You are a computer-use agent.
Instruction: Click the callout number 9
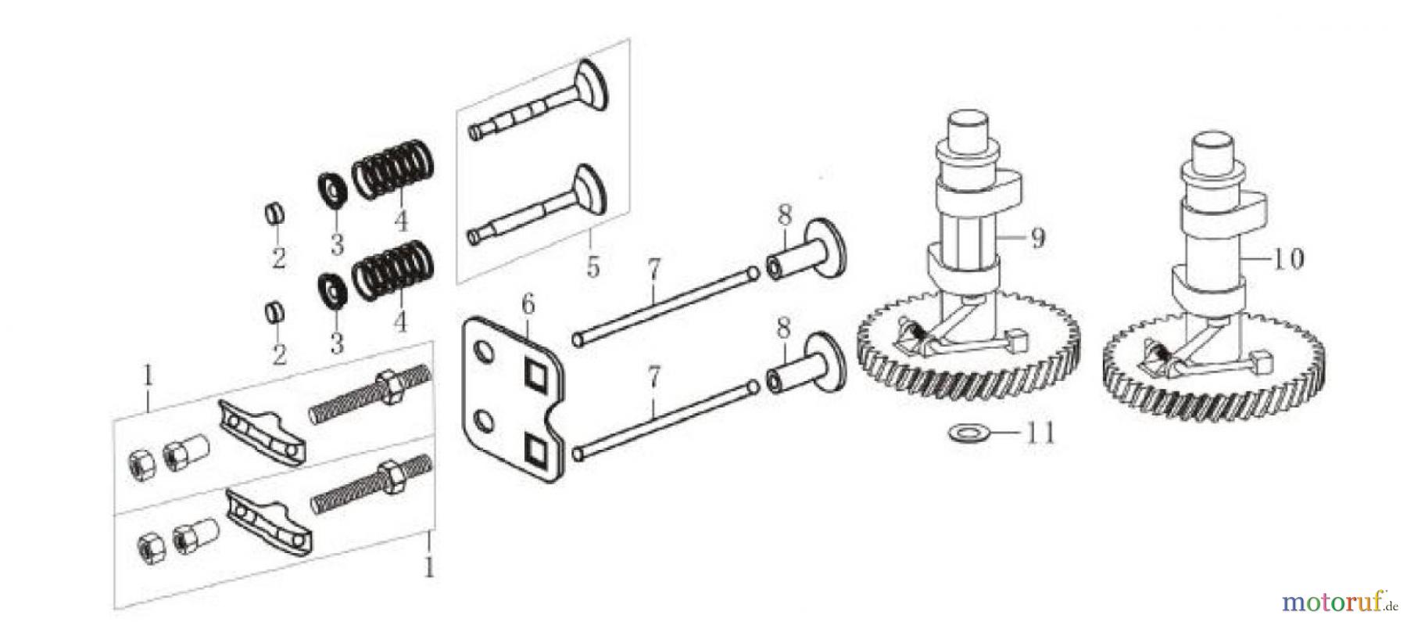pyautogui.click(x=1036, y=238)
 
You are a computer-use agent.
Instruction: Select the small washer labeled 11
pyautogui.click(x=961, y=432)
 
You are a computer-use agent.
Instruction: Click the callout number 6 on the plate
pyautogui.click(x=528, y=305)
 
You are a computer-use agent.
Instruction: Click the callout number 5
pyautogui.click(x=593, y=267)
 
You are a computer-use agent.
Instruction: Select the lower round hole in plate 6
pyautogui.click(x=484, y=422)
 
